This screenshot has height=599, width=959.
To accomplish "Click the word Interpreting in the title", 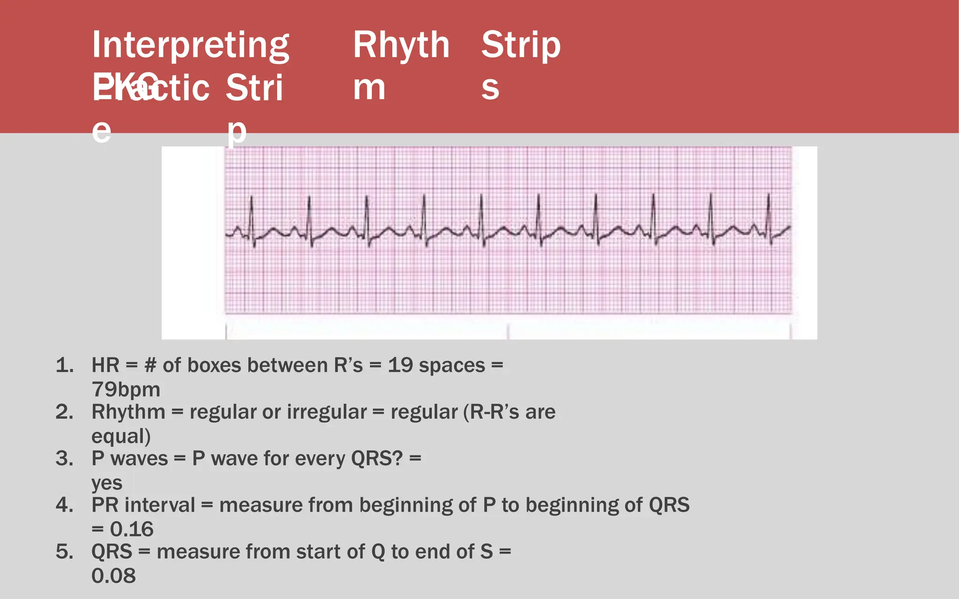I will click(x=191, y=45).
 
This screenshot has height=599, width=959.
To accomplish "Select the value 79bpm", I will click(x=125, y=389).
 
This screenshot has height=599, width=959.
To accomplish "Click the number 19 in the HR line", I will click(x=400, y=365).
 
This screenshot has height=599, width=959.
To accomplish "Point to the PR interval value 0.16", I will click(x=132, y=529).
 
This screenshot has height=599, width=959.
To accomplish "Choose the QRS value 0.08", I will click(x=113, y=576).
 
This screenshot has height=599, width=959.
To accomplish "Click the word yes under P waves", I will click(x=107, y=483).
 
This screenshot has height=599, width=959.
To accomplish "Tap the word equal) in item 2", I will click(x=121, y=436).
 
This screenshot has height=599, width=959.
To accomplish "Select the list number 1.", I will click(x=65, y=365).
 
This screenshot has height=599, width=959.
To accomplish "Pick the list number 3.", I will click(x=65, y=459).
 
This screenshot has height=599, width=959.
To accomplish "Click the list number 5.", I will click(x=65, y=552).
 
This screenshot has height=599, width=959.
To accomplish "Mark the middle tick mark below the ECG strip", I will click(x=508, y=331).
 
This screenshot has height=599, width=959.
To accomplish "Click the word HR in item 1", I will click(x=105, y=365).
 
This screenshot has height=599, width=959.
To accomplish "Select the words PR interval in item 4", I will click(x=143, y=505).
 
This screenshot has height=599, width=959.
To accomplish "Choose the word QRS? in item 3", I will click(x=377, y=459).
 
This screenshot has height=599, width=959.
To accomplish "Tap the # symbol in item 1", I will click(x=150, y=365).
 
